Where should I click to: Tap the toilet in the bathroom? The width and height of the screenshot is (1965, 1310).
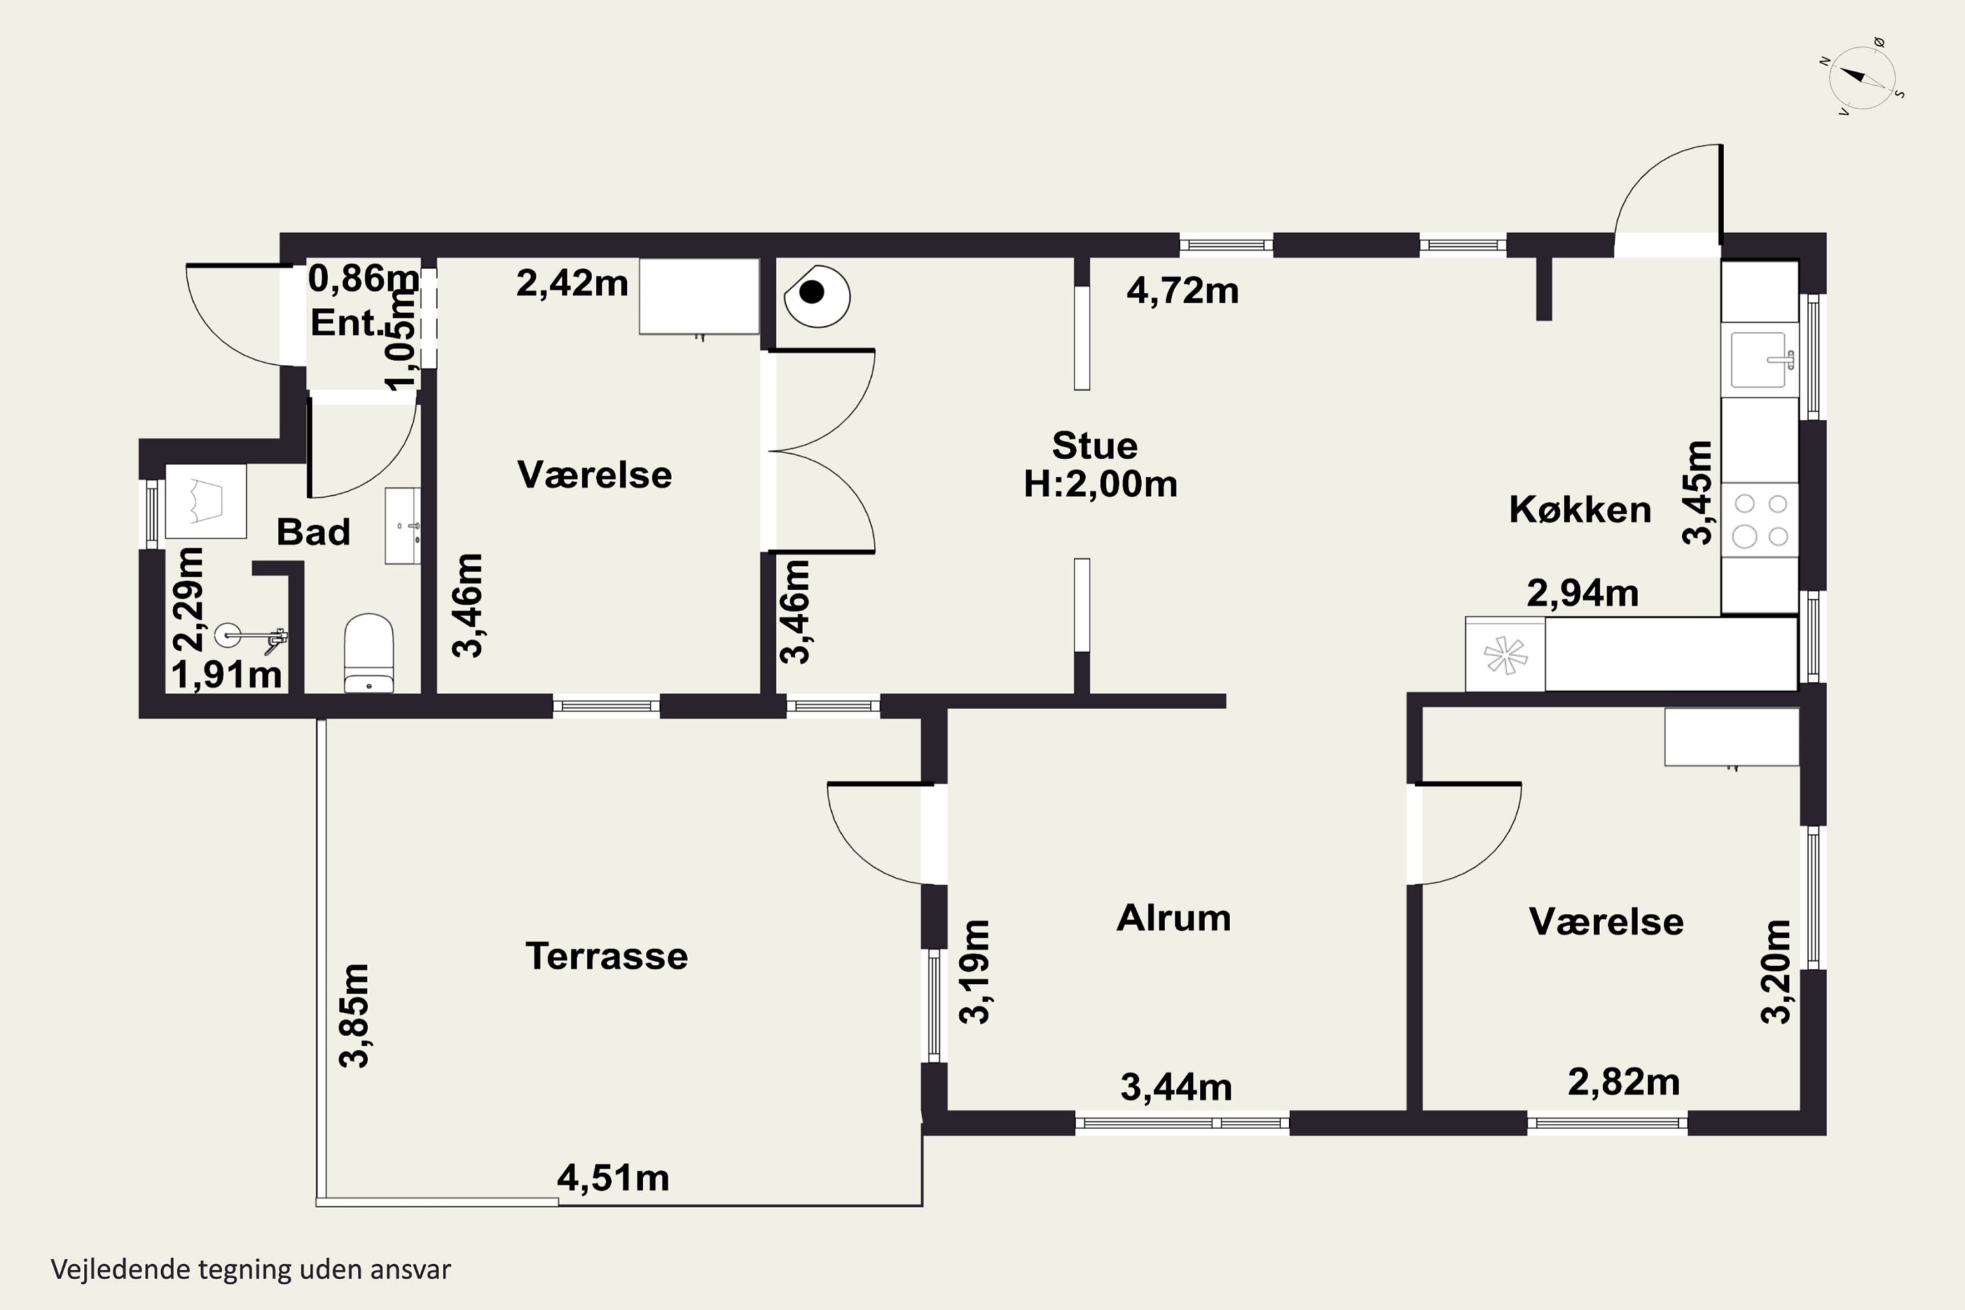click(368, 652)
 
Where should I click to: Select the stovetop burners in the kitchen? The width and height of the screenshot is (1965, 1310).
click(1759, 519)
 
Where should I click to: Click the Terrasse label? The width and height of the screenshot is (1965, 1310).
click(607, 956)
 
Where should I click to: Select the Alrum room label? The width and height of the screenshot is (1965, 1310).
click(1174, 918)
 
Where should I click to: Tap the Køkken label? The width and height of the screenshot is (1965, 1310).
click(1580, 510)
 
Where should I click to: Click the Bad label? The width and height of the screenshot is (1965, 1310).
click(313, 532)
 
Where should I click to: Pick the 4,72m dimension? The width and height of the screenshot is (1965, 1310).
click(1182, 291)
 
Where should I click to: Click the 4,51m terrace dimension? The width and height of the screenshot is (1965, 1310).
click(613, 1178)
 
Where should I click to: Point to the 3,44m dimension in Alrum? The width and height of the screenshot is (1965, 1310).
click(1176, 1087)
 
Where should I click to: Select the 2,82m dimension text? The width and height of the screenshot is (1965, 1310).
click(1623, 1082)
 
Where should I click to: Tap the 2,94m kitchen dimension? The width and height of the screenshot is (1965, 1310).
click(1582, 593)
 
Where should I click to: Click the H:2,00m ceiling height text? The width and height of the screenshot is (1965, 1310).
click(1100, 485)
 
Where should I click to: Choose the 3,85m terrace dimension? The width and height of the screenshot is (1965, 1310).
click(354, 1015)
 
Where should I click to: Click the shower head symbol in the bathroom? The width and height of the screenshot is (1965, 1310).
click(251, 637)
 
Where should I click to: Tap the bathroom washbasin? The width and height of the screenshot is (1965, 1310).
click(403, 527)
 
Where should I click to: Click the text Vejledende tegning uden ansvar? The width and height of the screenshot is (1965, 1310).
click(251, 1269)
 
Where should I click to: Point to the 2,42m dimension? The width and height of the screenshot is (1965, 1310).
click(571, 283)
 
